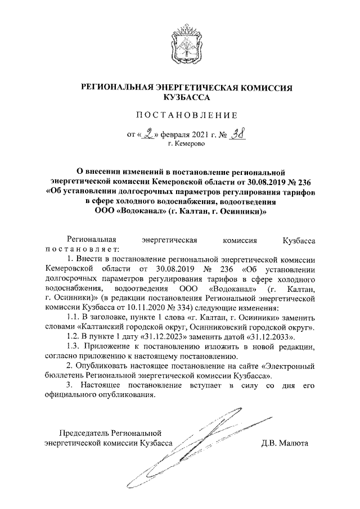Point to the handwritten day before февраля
coord(148,134)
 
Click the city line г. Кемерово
coord(187,144)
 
